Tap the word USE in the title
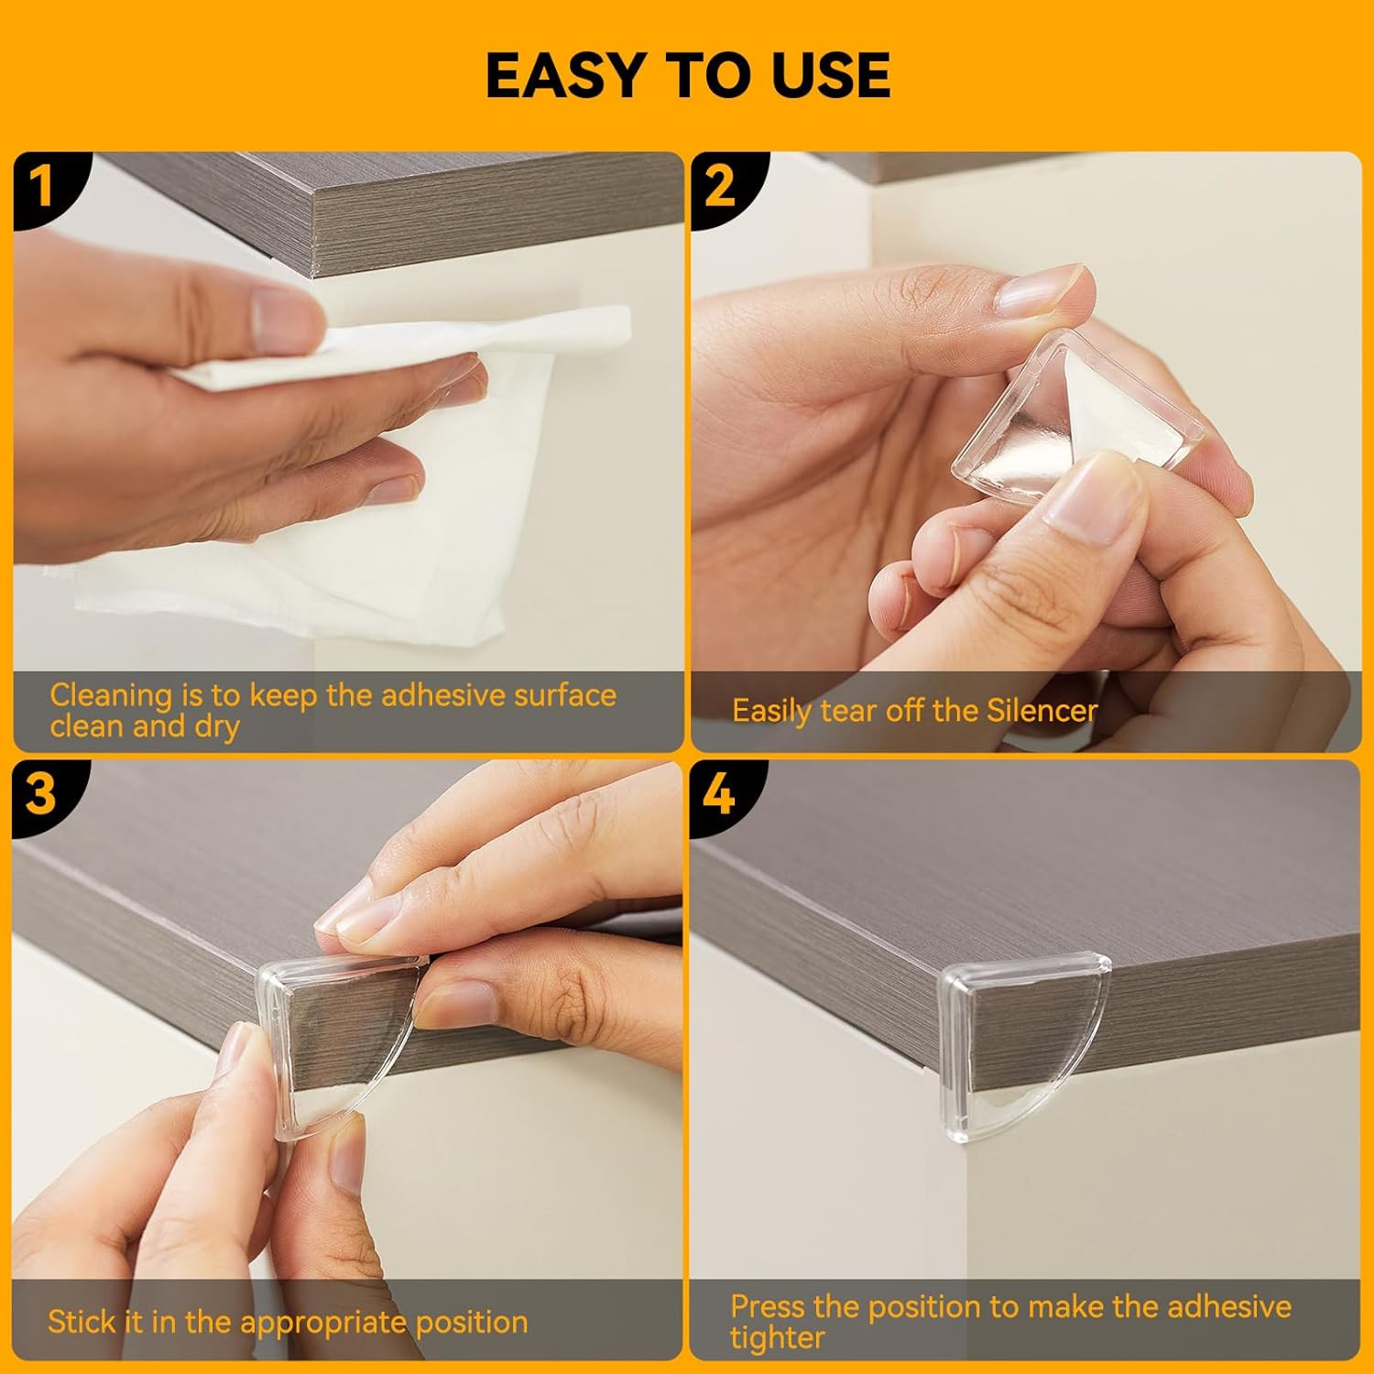click(x=831, y=75)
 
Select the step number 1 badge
click(x=42, y=186)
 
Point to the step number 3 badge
click(x=42, y=793)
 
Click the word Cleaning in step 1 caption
click(x=111, y=696)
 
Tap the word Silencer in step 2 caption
click(x=1041, y=711)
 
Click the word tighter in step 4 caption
click(x=778, y=1338)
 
